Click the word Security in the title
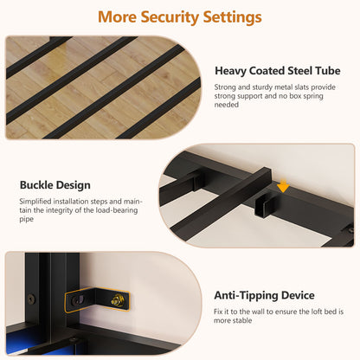tap(170, 17)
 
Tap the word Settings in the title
tap(232, 17)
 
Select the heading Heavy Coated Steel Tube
tap(278, 71)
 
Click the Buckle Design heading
tap(55, 185)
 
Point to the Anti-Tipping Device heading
tap(264, 295)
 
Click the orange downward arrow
tap(283, 185)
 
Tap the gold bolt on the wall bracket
tap(117, 300)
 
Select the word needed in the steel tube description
tap(227, 105)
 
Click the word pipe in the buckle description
tap(27, 219)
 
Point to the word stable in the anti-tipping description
tap(242, 320)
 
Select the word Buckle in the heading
tap(36, 185)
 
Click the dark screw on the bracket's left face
tap(77, 301)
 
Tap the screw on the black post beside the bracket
tap(31, 299)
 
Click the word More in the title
tap(117, 17)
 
